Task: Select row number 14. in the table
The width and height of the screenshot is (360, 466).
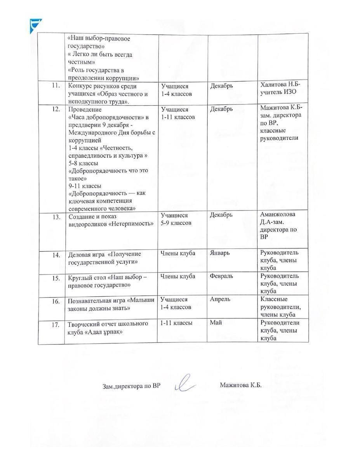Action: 56,255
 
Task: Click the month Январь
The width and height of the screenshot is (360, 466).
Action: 220,253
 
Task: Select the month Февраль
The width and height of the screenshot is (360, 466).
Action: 222,276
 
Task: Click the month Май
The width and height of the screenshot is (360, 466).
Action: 216,322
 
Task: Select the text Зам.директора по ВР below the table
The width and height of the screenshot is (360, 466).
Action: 131,386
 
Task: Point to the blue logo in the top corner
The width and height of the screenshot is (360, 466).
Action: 36,26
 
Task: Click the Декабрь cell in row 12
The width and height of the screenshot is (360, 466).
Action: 221,109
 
